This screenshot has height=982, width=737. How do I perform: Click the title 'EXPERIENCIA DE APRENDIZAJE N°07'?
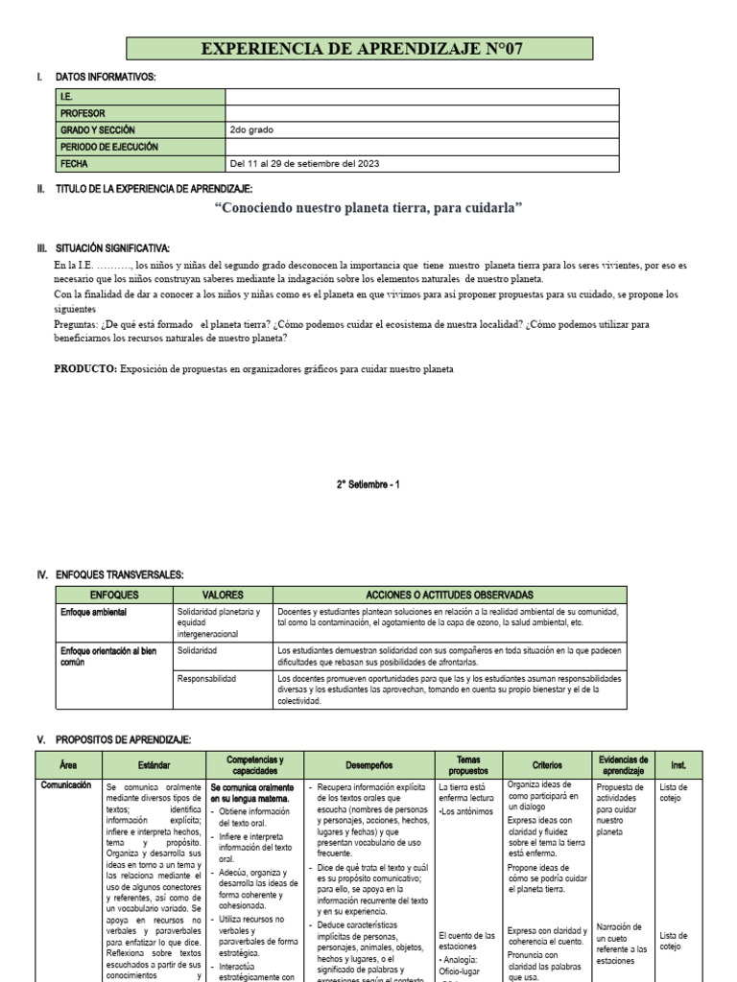pos(361,50)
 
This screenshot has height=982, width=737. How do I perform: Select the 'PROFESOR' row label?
pos(83,113)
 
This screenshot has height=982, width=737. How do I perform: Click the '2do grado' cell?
pos(250,129)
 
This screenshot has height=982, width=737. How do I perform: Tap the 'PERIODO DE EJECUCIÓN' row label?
pos(109,147)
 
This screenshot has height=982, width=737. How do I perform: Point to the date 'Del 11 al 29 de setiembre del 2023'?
pos(304,164)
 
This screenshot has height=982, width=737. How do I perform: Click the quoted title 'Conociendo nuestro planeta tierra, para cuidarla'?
pos(368,208)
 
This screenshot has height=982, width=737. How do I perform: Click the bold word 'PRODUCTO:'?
pos(85,369)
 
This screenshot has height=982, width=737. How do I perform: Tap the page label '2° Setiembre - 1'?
pos(368,484)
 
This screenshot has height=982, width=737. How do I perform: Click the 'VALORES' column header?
pos(223,596)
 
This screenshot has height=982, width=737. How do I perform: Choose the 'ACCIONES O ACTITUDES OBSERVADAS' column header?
pos(449,596)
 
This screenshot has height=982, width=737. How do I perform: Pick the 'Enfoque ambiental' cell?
pos(95,612)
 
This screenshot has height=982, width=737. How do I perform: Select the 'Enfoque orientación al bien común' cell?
pos(107,656)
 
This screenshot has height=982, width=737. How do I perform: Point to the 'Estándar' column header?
pos(154,765)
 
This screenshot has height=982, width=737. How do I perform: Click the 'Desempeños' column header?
pos(369,765)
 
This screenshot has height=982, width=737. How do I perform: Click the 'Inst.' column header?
pos(678,765)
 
